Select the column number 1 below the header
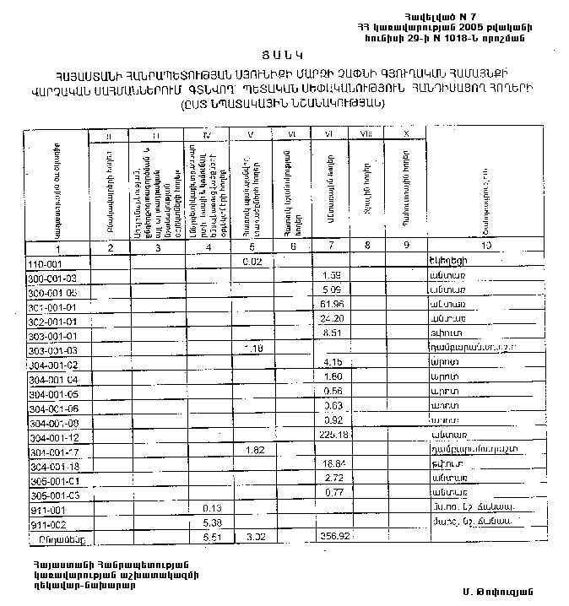tap(57, 248)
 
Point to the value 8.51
tap(330, 333)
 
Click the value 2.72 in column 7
tap(330, 478)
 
